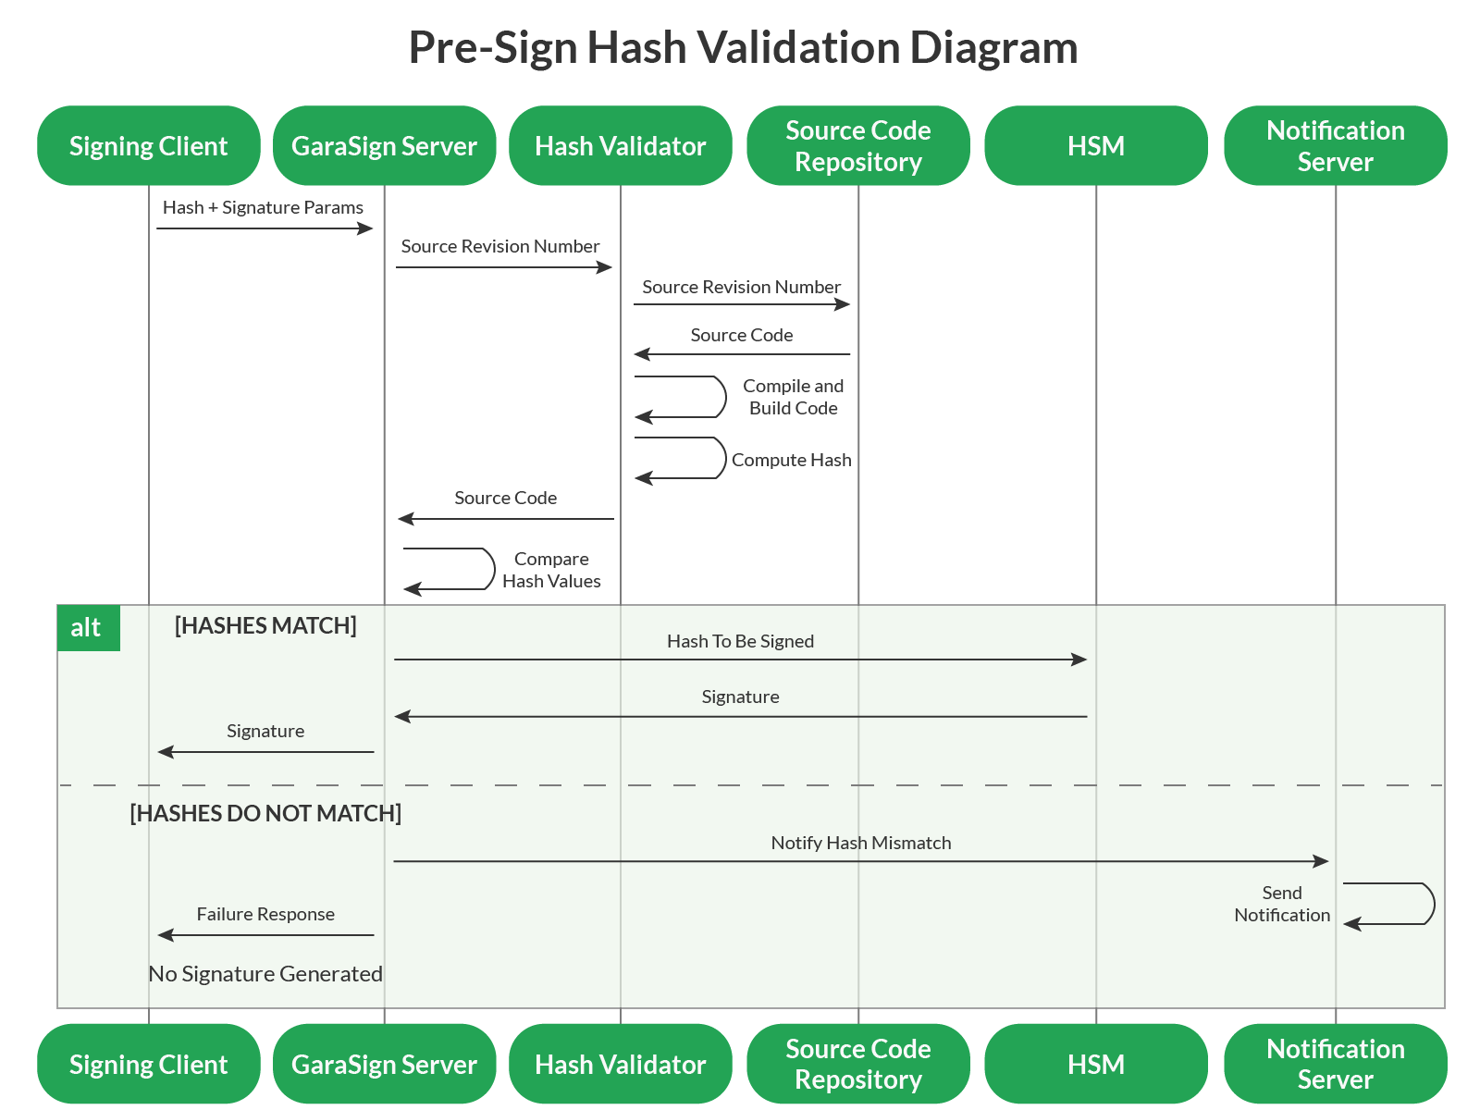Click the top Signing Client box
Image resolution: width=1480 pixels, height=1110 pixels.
point(148,146)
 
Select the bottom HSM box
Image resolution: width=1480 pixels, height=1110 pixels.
point(1096,1064)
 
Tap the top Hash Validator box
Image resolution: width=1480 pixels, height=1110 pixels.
point(620,146)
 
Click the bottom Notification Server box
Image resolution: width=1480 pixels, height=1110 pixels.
point(1335,1064)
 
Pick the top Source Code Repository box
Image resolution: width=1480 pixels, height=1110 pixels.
point(857,146)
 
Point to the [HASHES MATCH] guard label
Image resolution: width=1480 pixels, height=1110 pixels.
point(265,626)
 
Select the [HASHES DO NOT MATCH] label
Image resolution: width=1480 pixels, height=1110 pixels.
point(265,814)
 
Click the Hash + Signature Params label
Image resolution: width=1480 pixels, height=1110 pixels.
point(263,208)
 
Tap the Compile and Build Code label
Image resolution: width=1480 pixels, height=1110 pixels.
point(793,397)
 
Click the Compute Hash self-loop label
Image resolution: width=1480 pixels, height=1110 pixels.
point(791,460)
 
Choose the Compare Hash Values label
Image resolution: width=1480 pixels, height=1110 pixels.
point(551,570)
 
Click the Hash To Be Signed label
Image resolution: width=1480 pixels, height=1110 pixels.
point(740,641)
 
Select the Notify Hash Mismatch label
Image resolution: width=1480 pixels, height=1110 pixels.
point(860,843)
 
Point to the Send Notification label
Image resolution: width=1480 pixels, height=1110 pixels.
point(1282,904)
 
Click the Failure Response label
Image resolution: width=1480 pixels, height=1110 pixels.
point(265,914)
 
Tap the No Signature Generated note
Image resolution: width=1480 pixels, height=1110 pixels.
point(265,974)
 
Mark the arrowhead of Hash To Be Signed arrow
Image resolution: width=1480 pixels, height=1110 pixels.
point(1079,660)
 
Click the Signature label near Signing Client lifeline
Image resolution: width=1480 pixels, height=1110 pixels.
point(265,731)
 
